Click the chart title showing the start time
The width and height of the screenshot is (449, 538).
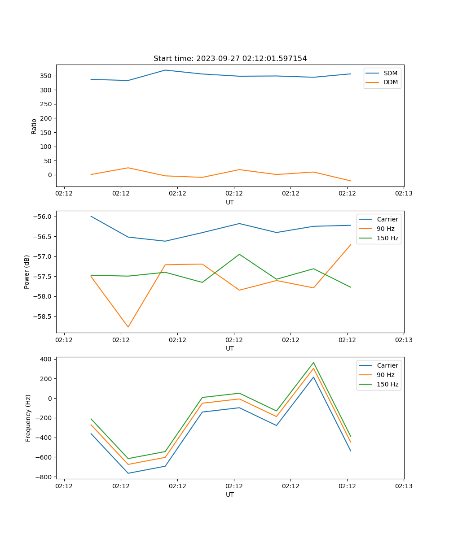point(230,59)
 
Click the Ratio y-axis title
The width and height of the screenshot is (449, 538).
point(34,126)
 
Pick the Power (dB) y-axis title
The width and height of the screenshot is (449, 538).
point(27,272)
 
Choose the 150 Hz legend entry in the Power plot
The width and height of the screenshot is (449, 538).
point(387,238)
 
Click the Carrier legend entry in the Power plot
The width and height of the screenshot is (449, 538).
point(387,219)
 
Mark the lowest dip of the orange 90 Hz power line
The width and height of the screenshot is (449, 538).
point(128,327)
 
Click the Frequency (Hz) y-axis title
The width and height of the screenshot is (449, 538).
point(28,418)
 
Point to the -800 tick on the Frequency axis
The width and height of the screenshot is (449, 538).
point(44,477)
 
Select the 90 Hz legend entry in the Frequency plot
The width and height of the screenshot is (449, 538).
point(386,375)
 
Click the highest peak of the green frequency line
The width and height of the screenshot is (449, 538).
point(313,363)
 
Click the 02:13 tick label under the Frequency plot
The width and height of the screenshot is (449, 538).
point(403,486)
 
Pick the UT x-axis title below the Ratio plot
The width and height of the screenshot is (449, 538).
point(230,202)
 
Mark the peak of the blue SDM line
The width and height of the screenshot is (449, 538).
point(165,70)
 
